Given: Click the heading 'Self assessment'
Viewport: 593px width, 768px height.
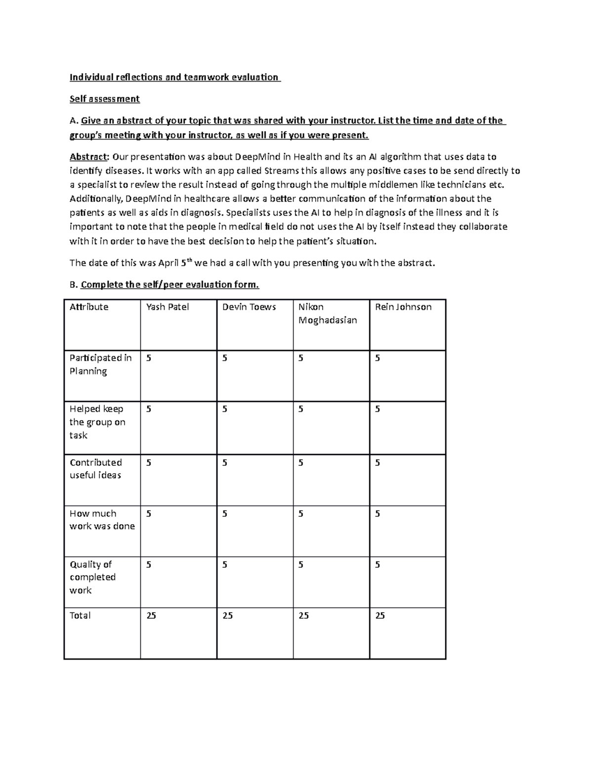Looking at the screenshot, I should click(104, 99).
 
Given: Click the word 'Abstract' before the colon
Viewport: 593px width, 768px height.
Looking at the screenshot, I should click(88, 157).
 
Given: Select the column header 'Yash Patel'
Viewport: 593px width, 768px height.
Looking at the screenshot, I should click(168, 307).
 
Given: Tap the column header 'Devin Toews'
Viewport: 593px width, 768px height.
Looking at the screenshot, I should click(249, 307).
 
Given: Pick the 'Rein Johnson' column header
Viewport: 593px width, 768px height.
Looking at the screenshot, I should click(403, 307).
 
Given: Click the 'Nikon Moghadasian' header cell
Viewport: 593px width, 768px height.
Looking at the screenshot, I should click(327, 314).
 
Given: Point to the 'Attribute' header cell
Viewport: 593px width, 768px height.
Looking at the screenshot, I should click(89, 307).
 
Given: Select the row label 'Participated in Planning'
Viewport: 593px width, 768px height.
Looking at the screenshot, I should click(100, 364).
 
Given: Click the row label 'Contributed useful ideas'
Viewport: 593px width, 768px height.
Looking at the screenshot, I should click(95, 469).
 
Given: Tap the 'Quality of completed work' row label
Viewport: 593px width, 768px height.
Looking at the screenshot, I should click(92, 577).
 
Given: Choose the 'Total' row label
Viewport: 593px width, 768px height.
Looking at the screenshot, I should click(80, 616).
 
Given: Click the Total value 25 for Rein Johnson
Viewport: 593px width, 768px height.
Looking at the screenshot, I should click(380, 616).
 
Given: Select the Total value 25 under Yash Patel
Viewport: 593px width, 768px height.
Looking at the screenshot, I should click(151, 616).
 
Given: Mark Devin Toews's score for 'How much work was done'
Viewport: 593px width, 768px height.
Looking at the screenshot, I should click(225, 514).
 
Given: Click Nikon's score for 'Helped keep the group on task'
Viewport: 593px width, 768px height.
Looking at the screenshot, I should click(301, 409).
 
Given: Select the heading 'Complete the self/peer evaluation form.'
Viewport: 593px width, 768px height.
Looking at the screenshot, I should click(169, 285).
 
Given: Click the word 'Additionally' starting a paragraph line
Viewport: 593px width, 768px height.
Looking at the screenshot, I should click(95, 199).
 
